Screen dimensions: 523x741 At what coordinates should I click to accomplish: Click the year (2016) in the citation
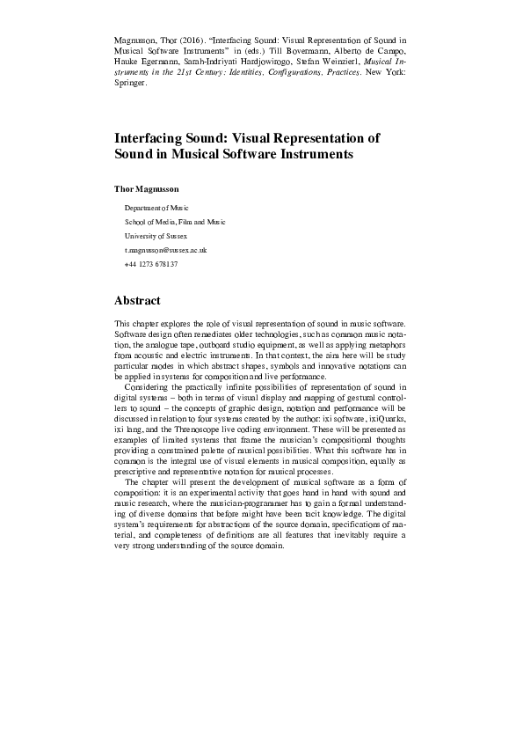pos(200,40)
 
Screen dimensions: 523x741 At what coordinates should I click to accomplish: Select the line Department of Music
pos(150,208)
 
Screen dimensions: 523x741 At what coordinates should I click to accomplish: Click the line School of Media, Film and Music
pos(175,222)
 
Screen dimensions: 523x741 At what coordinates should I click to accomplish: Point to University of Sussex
pos(156,236)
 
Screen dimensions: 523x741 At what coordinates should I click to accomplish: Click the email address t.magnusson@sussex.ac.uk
pos(164,250)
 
